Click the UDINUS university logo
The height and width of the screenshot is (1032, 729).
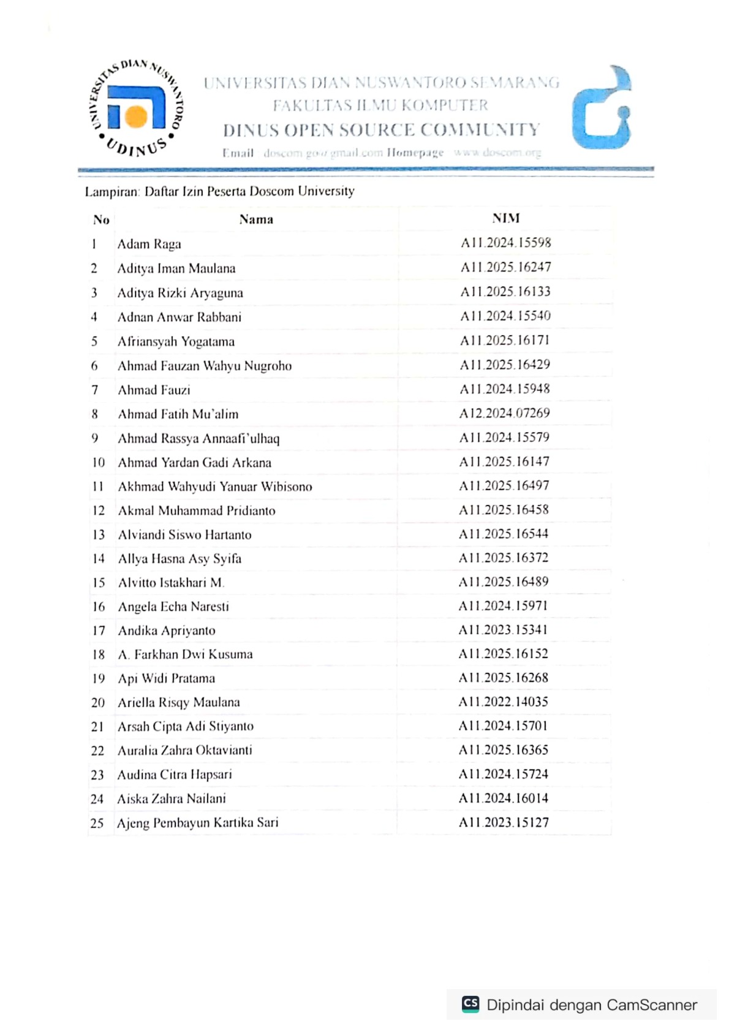point(136,108)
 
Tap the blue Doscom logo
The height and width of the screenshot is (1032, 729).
point(602,108)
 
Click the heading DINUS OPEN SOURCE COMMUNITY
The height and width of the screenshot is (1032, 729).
point(381,130)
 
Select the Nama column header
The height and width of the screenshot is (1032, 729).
point(256,219)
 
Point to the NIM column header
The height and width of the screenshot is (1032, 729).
point(505,218)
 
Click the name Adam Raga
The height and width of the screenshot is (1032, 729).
point(149,244)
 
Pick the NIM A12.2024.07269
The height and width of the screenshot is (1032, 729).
point(505,413)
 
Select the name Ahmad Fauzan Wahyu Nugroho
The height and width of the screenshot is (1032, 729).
point(205,366)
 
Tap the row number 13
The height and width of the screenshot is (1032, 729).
point(99,534)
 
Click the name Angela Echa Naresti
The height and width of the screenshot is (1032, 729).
point(173,607)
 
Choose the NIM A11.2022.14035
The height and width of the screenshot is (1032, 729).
point(504,702)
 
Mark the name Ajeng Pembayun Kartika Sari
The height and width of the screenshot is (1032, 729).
point(197,822)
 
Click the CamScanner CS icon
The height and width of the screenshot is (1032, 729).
point(470,1004)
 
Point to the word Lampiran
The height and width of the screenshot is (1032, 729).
point(111,192)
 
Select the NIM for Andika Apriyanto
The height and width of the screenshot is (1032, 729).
point(504,630)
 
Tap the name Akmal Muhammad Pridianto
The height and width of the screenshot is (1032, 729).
point(197,510)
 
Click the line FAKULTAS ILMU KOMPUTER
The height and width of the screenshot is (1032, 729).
point(380,105)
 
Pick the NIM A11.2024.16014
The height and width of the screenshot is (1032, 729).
point(504,798)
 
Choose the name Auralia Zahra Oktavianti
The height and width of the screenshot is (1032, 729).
point(184,750)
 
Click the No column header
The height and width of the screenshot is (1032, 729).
point(101,219)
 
